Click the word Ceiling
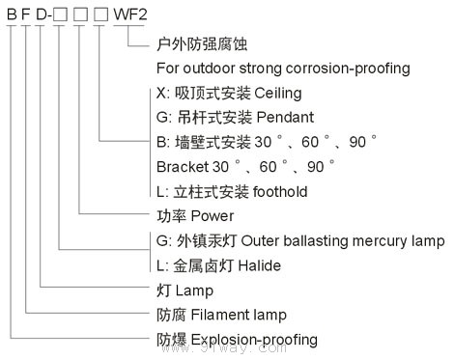(x=278, y=94)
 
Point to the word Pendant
(x=285, y=118)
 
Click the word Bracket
(x=181, y=167)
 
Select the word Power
(x=213, y=216)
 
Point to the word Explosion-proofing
(x=256, y=340)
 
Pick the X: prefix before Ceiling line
(x=161, y=94)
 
